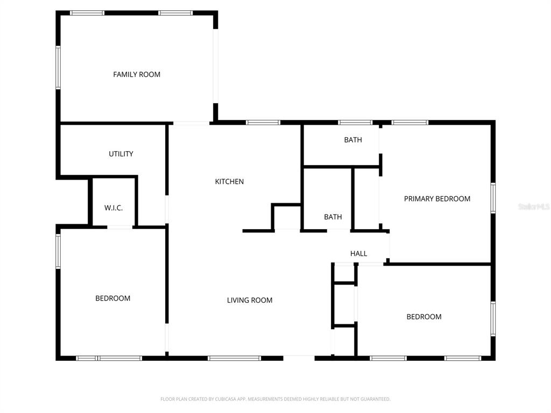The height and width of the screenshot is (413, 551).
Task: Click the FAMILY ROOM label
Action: (137, 74)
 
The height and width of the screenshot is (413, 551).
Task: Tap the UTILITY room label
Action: (121, 154)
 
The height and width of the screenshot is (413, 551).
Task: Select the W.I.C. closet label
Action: (114, 208)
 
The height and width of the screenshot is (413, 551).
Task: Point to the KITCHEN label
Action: (229, 182)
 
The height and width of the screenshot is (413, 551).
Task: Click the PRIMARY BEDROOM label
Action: (437, 198)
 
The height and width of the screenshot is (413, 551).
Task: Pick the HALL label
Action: (358, 253)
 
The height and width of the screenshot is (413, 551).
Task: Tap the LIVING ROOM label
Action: (250, 300)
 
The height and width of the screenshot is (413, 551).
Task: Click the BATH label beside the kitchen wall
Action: (333, 217)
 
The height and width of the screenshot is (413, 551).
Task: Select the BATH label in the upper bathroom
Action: (353, 140)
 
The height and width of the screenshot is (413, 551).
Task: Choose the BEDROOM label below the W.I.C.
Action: (113, 298)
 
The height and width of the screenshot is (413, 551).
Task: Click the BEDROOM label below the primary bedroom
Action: (424, 317)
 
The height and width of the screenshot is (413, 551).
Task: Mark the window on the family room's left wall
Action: (58, 67)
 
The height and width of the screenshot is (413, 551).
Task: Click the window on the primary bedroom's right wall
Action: (493, 198)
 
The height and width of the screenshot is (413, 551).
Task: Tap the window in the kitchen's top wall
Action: (263, 123)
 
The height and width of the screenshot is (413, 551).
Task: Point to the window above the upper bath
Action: (355, 123)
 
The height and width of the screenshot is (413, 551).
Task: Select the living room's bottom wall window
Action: (234, 358)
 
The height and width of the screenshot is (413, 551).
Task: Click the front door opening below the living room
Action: (299, 357)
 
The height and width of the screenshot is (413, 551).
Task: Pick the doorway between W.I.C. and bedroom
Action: (119, 227)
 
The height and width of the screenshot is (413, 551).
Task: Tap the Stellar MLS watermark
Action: (533, 206)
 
